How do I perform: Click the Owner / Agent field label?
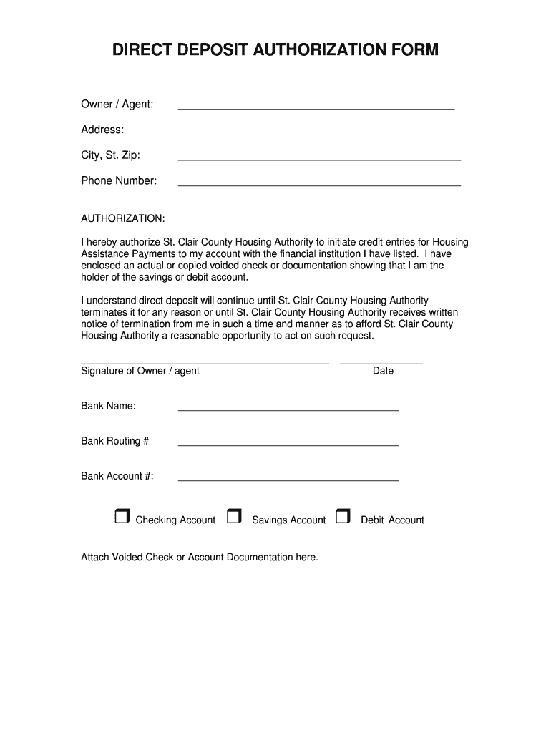(117, 105)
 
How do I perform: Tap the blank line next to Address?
(318, 133)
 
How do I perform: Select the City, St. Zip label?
(110, 155)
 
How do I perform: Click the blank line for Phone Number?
(318, 185)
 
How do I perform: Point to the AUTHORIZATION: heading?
(123, 218)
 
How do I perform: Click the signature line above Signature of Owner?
(205, 363)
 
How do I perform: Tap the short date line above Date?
(381, 363)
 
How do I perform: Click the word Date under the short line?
(383, 371)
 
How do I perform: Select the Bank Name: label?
(108, 406)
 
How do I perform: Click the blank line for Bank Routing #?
(288, 445)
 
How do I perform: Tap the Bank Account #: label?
(117, 476)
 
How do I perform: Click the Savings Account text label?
(288, 520)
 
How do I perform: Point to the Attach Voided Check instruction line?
(199, 557)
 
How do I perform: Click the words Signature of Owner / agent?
(140, 371)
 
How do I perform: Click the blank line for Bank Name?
(288, 409)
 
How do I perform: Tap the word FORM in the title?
(414, 50)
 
